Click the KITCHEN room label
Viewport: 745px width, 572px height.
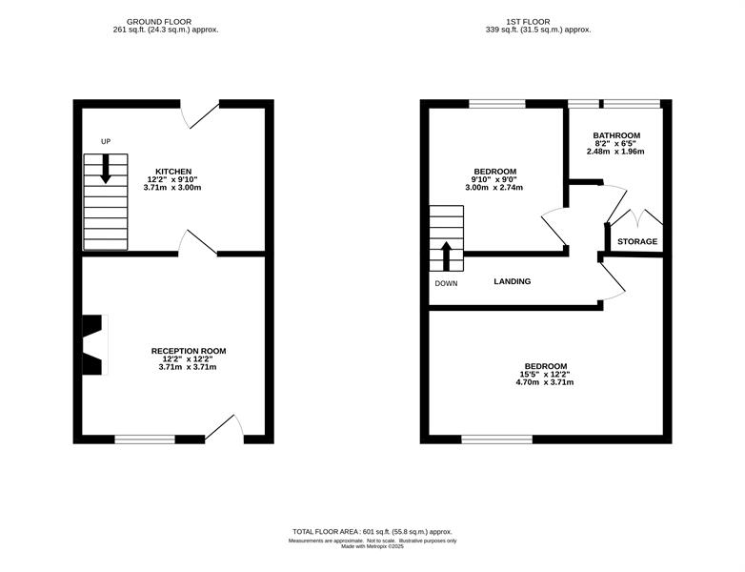[173, 172]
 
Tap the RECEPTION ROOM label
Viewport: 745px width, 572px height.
[189, 351]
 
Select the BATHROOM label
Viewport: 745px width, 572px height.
[616, 135]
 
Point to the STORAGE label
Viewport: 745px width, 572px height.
[637, 241]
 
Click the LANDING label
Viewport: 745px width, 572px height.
[513, 281]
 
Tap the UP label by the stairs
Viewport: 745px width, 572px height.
[106, 142]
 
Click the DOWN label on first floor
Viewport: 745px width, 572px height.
[446, 284]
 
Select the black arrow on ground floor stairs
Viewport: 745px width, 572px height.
[106, 169]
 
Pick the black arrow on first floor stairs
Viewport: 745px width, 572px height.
[446, 256]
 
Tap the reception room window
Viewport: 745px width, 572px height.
[145, 439]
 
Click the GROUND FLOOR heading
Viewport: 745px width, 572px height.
[159, 22]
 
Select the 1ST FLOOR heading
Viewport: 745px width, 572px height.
[528, 22]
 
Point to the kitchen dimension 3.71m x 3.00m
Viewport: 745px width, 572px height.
[172, 188]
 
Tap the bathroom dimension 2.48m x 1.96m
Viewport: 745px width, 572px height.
[615, 152]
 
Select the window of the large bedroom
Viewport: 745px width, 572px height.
[497, 439]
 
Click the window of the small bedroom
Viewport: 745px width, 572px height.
[497, 104]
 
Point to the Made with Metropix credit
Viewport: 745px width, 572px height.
[372, 547]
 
